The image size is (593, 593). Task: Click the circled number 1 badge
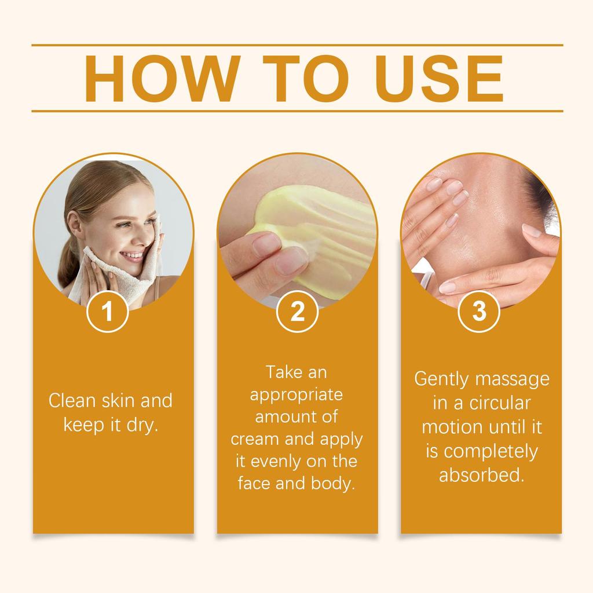point(107,312)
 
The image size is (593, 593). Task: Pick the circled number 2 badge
point(297,312)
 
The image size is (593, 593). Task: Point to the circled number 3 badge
point(479,312)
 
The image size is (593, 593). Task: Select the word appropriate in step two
point(297,394)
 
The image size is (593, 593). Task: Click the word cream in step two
point(257,438)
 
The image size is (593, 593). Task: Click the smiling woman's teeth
point(134,254)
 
